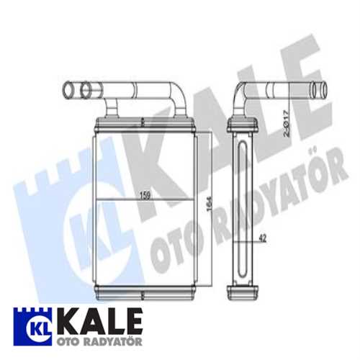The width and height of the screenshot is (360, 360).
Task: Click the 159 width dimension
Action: (x=145, y=194)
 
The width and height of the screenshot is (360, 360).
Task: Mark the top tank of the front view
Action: (x=144, y=122)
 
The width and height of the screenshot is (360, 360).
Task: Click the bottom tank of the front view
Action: (x=144, y=294)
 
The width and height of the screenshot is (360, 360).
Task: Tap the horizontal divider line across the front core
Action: (x=144, y=200)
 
